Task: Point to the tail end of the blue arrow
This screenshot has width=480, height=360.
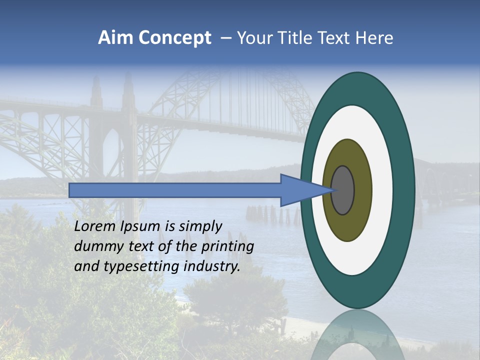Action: tap(72, 190)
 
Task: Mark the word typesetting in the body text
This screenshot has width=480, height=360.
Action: tap(141, 266)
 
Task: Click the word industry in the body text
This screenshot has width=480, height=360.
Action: tap(211, 266)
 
